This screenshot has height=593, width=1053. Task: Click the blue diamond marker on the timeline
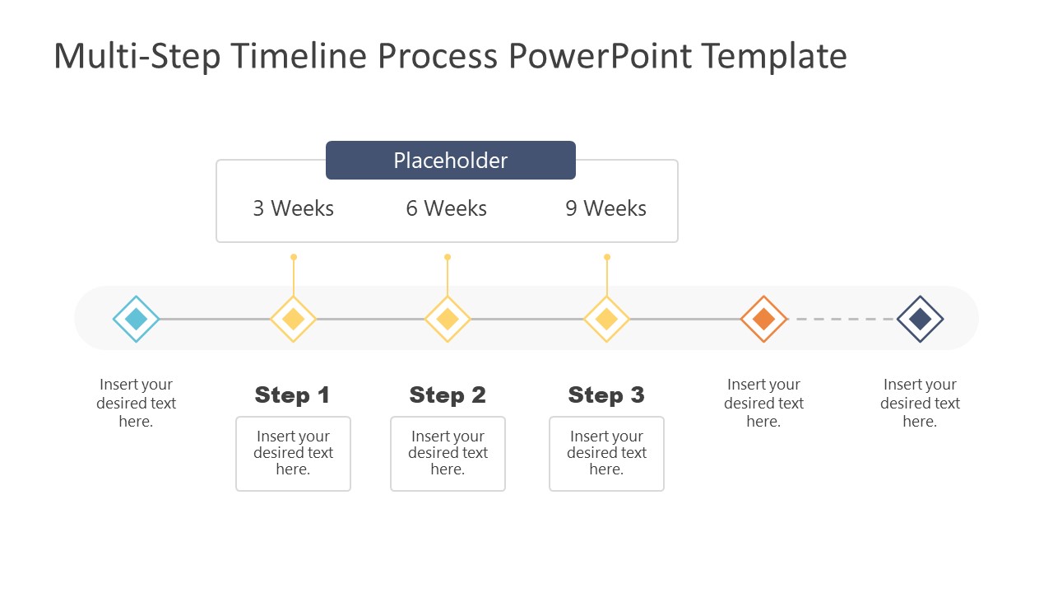[x=136, y=319]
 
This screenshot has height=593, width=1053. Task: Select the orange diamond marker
[x=763, y=319]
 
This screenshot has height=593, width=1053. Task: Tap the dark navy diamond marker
[x=920, y=319]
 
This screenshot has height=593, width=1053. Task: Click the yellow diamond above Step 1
[x=294, y=319]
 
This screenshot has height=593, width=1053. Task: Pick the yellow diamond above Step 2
[x=448, y=319]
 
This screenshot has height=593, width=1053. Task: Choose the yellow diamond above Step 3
[x=606, y=319]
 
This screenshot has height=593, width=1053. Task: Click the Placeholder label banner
[x=450, y=160]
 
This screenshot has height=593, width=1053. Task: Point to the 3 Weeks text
[x=294, y=208]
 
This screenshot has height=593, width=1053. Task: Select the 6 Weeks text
[x=447, y=208]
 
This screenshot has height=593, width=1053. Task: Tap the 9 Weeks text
[x=605, y=208]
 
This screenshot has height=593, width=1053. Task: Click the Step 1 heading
[x=292, y=395]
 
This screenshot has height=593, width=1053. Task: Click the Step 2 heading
[x=448, y=395]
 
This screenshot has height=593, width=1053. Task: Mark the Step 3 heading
[x=606, y=395]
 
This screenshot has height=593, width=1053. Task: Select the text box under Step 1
[x=293, y=453]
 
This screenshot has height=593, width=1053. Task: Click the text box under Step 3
[x=606, y=453]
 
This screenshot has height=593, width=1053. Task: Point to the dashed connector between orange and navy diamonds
[x=841, y=319]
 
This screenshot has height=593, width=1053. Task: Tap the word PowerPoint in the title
[x=600, y=56]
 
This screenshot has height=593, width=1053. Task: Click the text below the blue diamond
[x=136, y=403]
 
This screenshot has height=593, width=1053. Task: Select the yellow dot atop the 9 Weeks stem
[x=607, y=257]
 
